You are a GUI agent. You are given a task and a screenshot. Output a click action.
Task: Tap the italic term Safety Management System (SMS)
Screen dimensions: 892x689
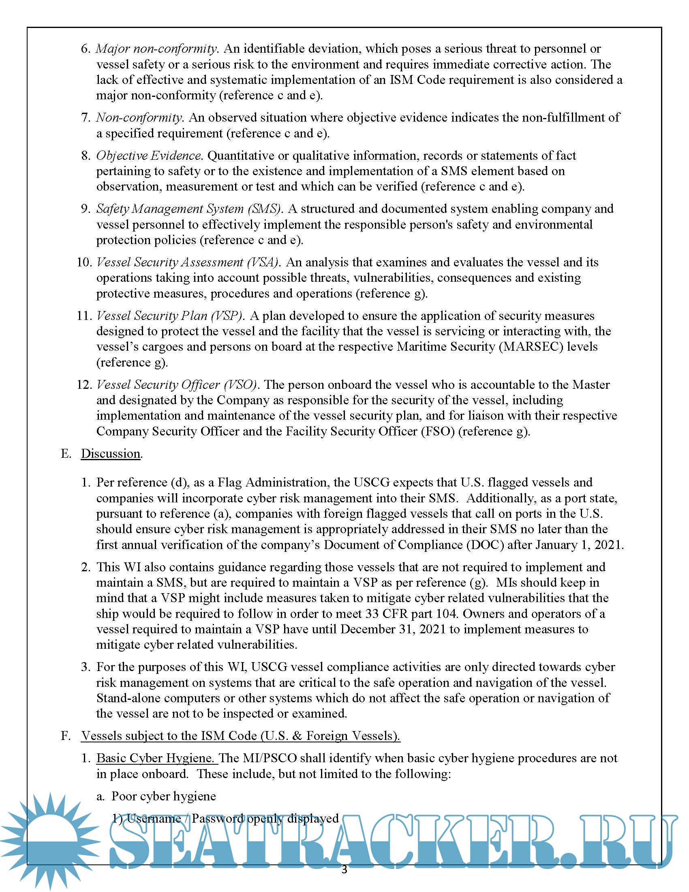[x=189, y=209]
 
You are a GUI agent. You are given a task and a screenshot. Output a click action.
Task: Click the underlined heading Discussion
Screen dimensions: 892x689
[x=111, y=454]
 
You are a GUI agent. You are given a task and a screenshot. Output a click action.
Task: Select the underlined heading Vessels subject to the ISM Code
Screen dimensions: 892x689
[x=240, y=736]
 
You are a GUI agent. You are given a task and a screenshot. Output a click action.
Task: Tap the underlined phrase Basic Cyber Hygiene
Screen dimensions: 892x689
[x=156, y=759]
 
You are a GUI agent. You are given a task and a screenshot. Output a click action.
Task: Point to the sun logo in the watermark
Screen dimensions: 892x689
[x=50, y=841]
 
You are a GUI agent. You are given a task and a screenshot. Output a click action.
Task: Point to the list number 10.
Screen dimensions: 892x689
[x=84, y=262]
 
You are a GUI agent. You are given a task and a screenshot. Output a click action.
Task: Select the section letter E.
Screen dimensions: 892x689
[x=66, y=454]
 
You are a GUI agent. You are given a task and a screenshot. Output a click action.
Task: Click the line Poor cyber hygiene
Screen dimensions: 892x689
[x=164, y=796]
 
